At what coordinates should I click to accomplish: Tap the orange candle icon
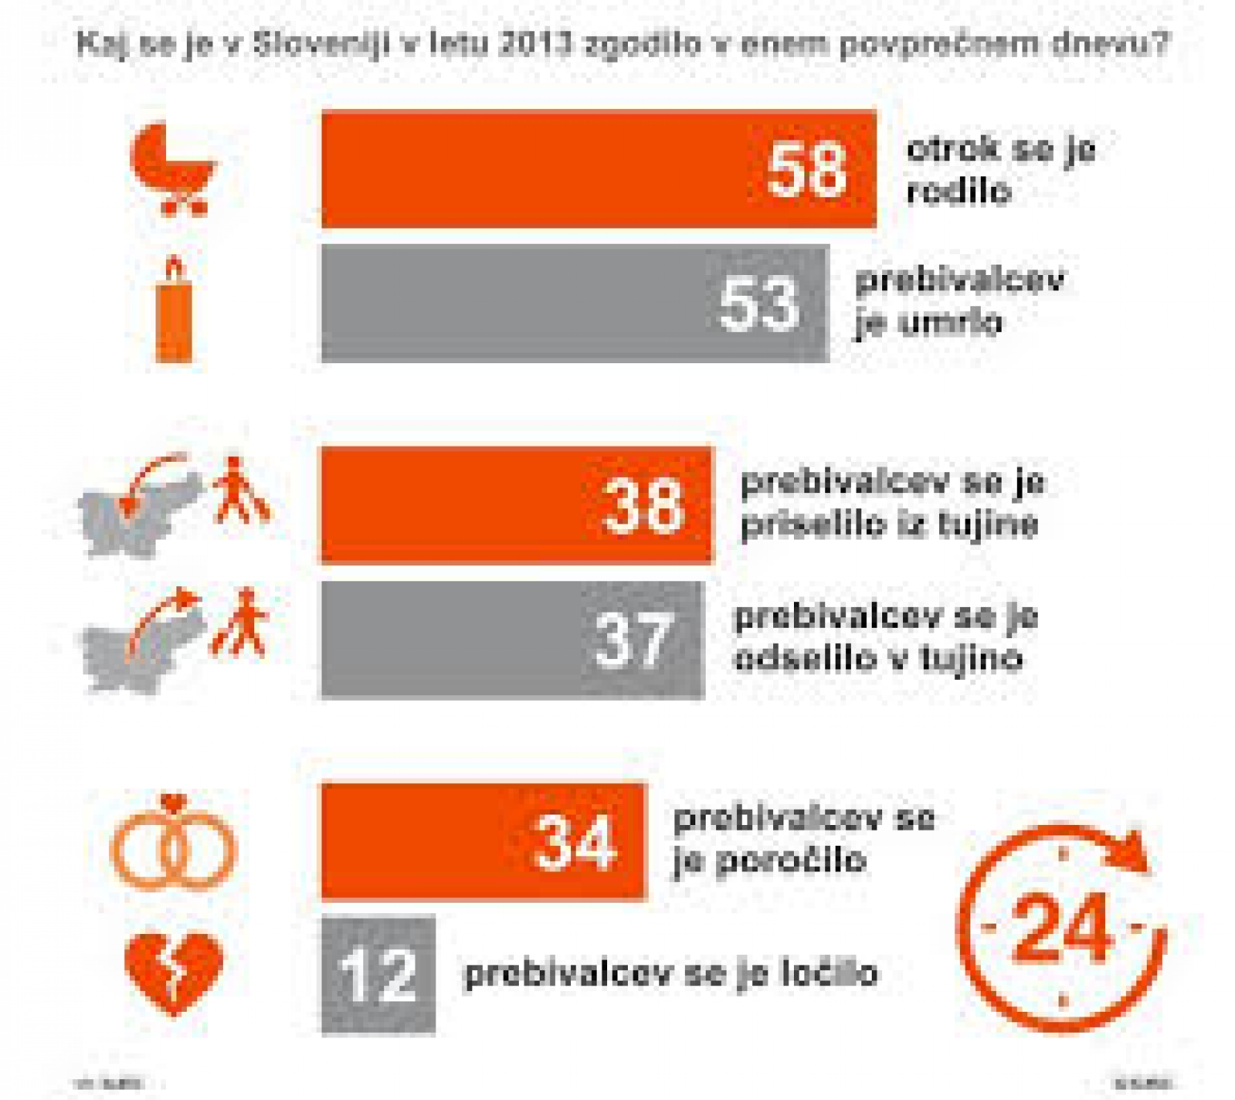tap(174, 311)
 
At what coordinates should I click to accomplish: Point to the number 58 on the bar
tap(806, 170)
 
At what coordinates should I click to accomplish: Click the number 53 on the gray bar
tap(759, 305)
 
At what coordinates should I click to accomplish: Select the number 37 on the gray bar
tap(633, 641)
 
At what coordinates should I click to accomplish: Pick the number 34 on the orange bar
tap(575, 843)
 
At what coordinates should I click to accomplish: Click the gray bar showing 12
tap(379, 975)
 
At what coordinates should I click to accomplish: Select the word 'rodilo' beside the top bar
tap(959, 192)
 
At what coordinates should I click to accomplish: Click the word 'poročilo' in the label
tap(789, 861)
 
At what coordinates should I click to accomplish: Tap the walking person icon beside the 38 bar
tap(239, 491)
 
